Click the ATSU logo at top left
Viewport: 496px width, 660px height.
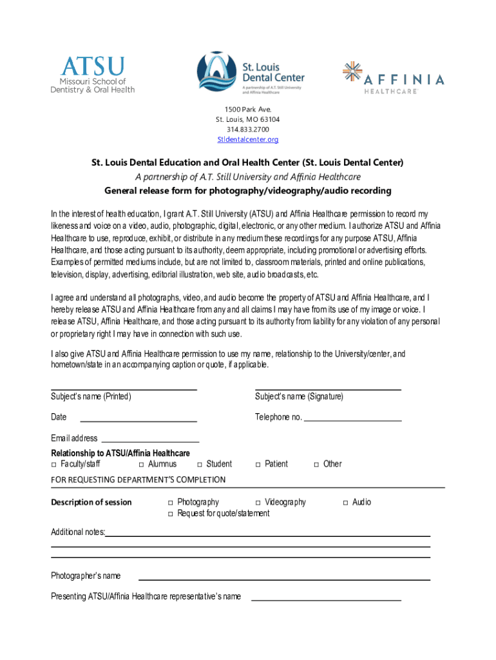[x=93, y=75]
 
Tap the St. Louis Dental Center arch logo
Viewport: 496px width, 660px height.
[x=218, y=73]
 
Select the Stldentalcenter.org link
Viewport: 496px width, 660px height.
[x=248, y=139]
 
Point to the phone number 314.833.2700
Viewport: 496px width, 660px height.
[x=248, y=130]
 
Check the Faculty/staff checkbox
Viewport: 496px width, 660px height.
[x=54, y=464]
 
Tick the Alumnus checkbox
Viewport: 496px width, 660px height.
[x=142, y=464]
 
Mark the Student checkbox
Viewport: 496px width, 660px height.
[x=200, y=464]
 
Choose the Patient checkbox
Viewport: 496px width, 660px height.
[x=258, y=464]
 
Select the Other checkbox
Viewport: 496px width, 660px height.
[x=316, y=464]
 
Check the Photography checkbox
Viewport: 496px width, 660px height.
[x=171, y=503]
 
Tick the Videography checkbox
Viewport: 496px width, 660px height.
[x=258, y=503]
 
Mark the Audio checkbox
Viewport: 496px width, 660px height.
[x=345, y=503]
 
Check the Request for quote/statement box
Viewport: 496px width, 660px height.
[x=171, y=514]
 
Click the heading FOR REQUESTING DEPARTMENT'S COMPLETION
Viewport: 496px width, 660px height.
[x=138, y=480]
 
